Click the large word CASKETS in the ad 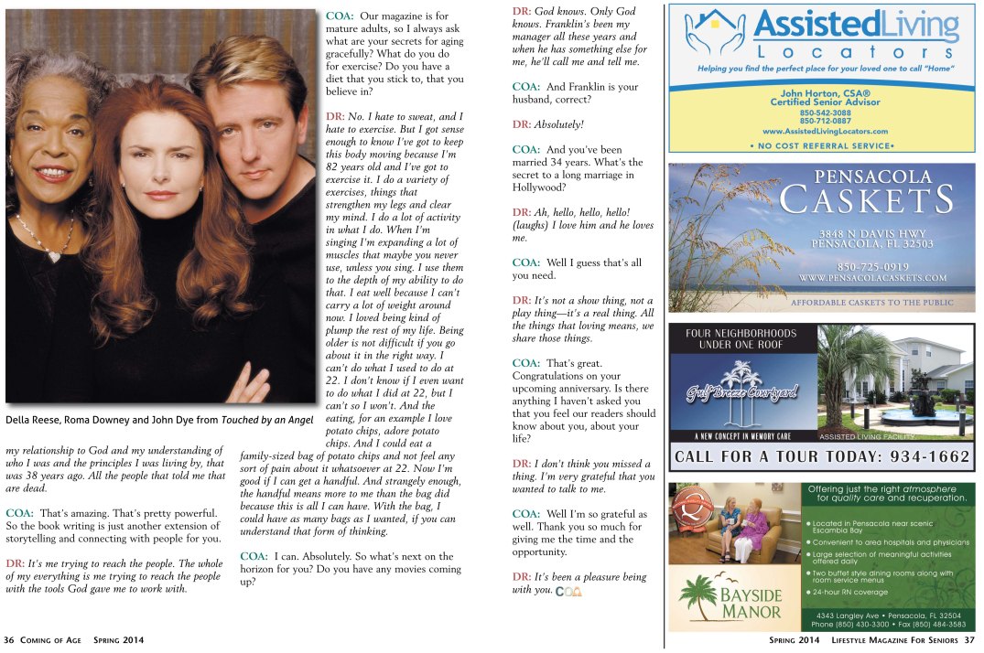point(866,200)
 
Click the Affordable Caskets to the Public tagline point(871,302)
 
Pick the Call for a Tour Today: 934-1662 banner point(821,456)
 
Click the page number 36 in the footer point(8,640)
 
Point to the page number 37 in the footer point(969,640)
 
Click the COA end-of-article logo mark point(568,591)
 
